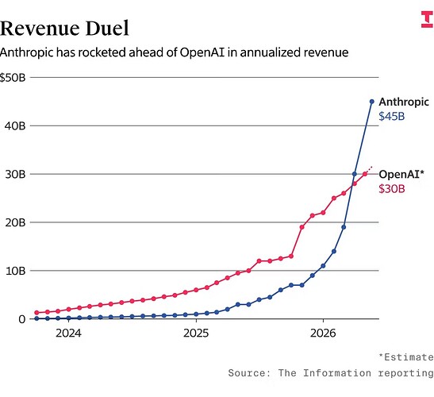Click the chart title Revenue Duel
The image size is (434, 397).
pyautogui.click(x=64, y=28)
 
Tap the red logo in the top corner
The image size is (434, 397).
pyautogui.click(x=427, y=19)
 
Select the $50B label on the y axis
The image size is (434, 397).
pyautogui.click(x=13, y=78)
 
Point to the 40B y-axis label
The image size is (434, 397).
pyautogui.click(x=15, y=125)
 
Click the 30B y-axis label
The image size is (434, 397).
pyautogui.click(x=15, y=174)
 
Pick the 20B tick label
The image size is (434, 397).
pyautogui.click(x=15, y=222)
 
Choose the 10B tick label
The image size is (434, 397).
pyautogui.click(x=16, y=271)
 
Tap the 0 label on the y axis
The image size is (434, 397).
pyautogui.click(x=22, y=319)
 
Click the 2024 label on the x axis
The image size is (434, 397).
pyautogui.click(x=68, y=333)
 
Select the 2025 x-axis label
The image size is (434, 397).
pyautogui.click(x=196, y=333)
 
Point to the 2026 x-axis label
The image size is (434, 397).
pyautogui.click(x=323, y=333)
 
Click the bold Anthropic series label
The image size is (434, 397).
pyautogui.click(x=404, y=102)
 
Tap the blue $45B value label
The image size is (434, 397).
pyautogui.click(x=392, y=116)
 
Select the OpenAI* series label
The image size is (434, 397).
pyautogui.click(x=401, y=174)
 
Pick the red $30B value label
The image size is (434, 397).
pyautogui.click(x=392, y=189)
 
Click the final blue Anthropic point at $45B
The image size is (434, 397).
pyautogui.click(x=372, y=102)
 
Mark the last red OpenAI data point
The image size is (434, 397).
pyautogui.click(x=365, y=174)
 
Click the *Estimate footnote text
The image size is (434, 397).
pyautogui.click(x=406, y=357)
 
